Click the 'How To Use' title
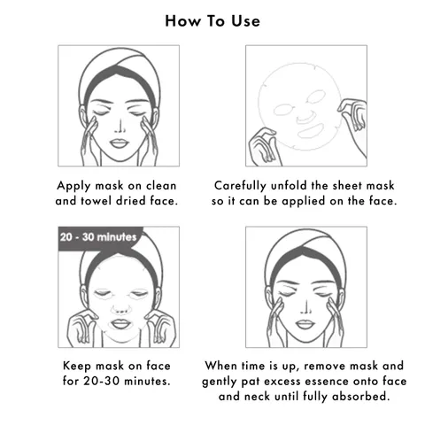click(212, 21)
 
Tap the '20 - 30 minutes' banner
click(98, 237)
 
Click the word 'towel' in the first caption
click(96, 201)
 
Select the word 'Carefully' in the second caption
click(240, 186)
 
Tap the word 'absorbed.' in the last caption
click(360, 396)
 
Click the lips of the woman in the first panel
click(120, 143)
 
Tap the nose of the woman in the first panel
click(120, 127)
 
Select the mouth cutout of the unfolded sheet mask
click(311, 131)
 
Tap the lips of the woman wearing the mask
click(120, 324)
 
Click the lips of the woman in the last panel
click(305, 324)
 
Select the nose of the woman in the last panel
click(305, 307)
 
